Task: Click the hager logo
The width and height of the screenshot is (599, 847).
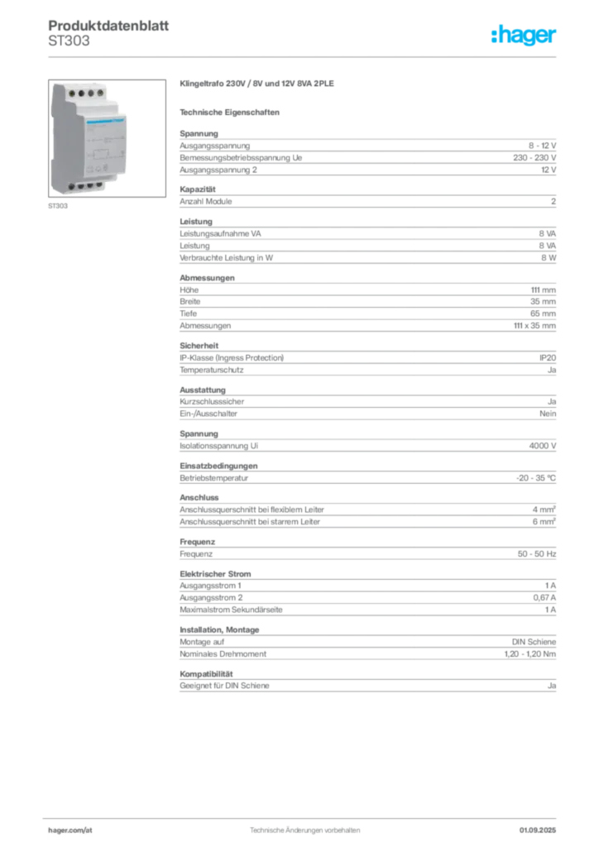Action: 523,35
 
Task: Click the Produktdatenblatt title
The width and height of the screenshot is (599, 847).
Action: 108,26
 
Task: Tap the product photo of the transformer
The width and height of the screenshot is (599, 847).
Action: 107,138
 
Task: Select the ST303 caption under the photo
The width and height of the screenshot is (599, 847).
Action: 58,206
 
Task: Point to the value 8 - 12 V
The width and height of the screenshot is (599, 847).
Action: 542,146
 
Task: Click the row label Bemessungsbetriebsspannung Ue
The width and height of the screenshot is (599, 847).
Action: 241,158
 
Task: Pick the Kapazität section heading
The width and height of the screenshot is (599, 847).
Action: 198,189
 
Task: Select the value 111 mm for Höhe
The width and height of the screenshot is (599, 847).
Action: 544,290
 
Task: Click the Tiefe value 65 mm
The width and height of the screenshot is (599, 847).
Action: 543,313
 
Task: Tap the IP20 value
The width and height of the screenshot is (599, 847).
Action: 548,357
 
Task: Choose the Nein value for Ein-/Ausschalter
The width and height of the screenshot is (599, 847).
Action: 548,414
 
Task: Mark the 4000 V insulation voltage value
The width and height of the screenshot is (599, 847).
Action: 542,446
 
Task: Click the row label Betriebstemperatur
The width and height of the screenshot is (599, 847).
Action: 214,478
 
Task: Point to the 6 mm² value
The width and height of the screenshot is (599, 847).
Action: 544,521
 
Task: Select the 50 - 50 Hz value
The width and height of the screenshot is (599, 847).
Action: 537,553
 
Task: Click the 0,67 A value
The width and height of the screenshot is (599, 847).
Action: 544,597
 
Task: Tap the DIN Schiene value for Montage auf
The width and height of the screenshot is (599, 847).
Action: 534,642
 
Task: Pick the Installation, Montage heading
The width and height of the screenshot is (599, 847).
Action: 219,629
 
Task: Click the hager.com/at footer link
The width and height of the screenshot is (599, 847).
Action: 70,830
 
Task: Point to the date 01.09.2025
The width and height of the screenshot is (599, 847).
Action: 538,830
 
